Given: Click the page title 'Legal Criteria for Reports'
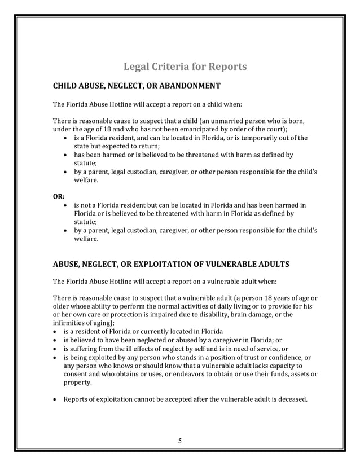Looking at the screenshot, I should (185, 67).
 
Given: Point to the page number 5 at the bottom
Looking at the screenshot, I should (179, 441).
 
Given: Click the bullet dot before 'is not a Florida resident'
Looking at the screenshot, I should (67, 205).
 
